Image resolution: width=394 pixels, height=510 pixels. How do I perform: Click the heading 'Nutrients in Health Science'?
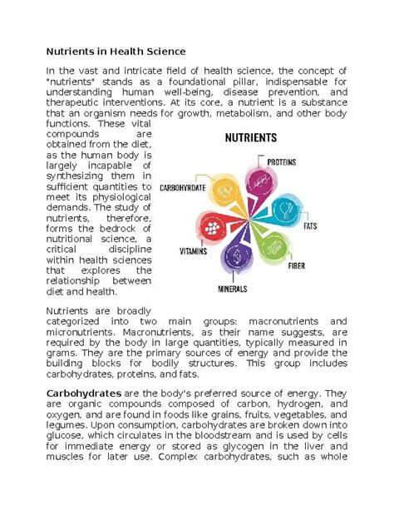coord(116,51)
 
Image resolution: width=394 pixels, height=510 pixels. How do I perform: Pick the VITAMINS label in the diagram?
coord(195,250)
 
